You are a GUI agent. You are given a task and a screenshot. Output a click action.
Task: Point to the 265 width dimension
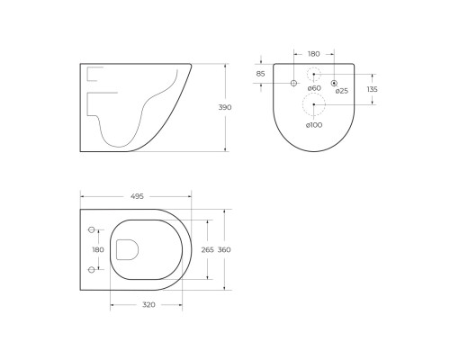206,249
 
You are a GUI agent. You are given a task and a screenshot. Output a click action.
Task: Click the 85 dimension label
260,73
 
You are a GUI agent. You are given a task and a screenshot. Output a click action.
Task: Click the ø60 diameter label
314,89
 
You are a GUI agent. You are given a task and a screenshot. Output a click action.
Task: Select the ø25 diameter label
341,90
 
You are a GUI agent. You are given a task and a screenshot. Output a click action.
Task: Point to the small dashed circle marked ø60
314,74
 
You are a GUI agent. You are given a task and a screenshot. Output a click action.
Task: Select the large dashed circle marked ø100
314,105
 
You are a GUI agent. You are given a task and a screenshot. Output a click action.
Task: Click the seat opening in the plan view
148,249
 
